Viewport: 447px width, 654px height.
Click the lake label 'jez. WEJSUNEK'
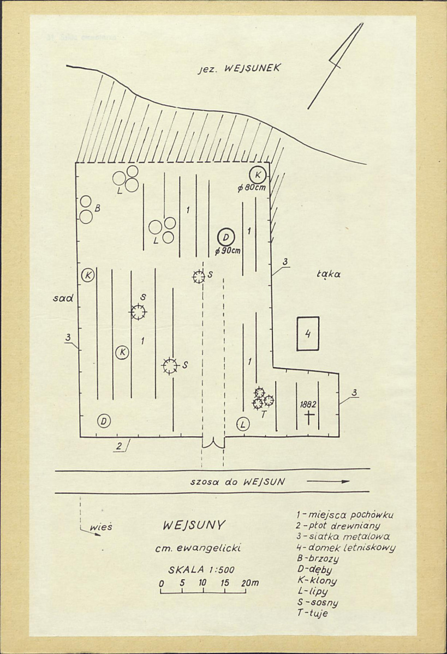(x=240, y=68)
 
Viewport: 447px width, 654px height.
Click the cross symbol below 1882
(x=309, y=417)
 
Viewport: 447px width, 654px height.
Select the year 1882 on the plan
(x=308, y=405)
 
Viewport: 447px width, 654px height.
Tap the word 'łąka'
(x=329, y=274)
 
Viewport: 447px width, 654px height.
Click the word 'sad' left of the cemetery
(x=63, y=298)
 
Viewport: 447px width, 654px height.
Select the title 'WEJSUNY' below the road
(x=194, y=525)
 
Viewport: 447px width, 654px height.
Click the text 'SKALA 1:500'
(x=201, y=570)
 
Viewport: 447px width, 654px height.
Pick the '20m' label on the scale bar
(x=249, y=583)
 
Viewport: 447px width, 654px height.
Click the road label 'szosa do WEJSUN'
(x=237, y=482)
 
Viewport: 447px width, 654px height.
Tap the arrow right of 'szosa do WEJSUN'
(x=328, y=481)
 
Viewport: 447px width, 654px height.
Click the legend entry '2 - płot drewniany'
(x=338, y=525)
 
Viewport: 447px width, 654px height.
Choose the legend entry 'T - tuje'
(x=313, y=613)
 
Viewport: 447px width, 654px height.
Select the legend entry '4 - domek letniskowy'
(x=345, y=547)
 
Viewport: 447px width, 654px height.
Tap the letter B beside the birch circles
(x=97, y=208)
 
